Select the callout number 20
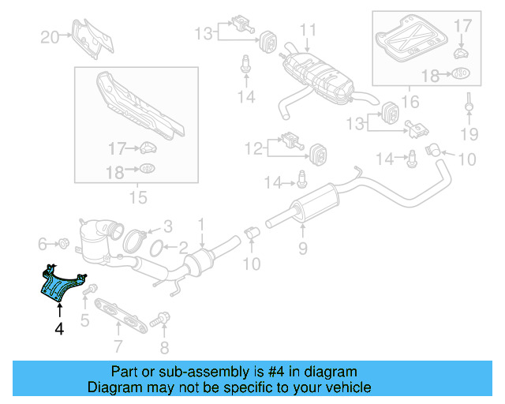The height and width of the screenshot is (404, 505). (50, 36)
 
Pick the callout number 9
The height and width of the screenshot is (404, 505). (301, 251)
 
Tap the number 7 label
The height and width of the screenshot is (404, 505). (118, 345)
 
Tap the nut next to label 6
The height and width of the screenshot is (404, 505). (64, 241)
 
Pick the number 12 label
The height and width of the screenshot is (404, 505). (252, 147)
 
